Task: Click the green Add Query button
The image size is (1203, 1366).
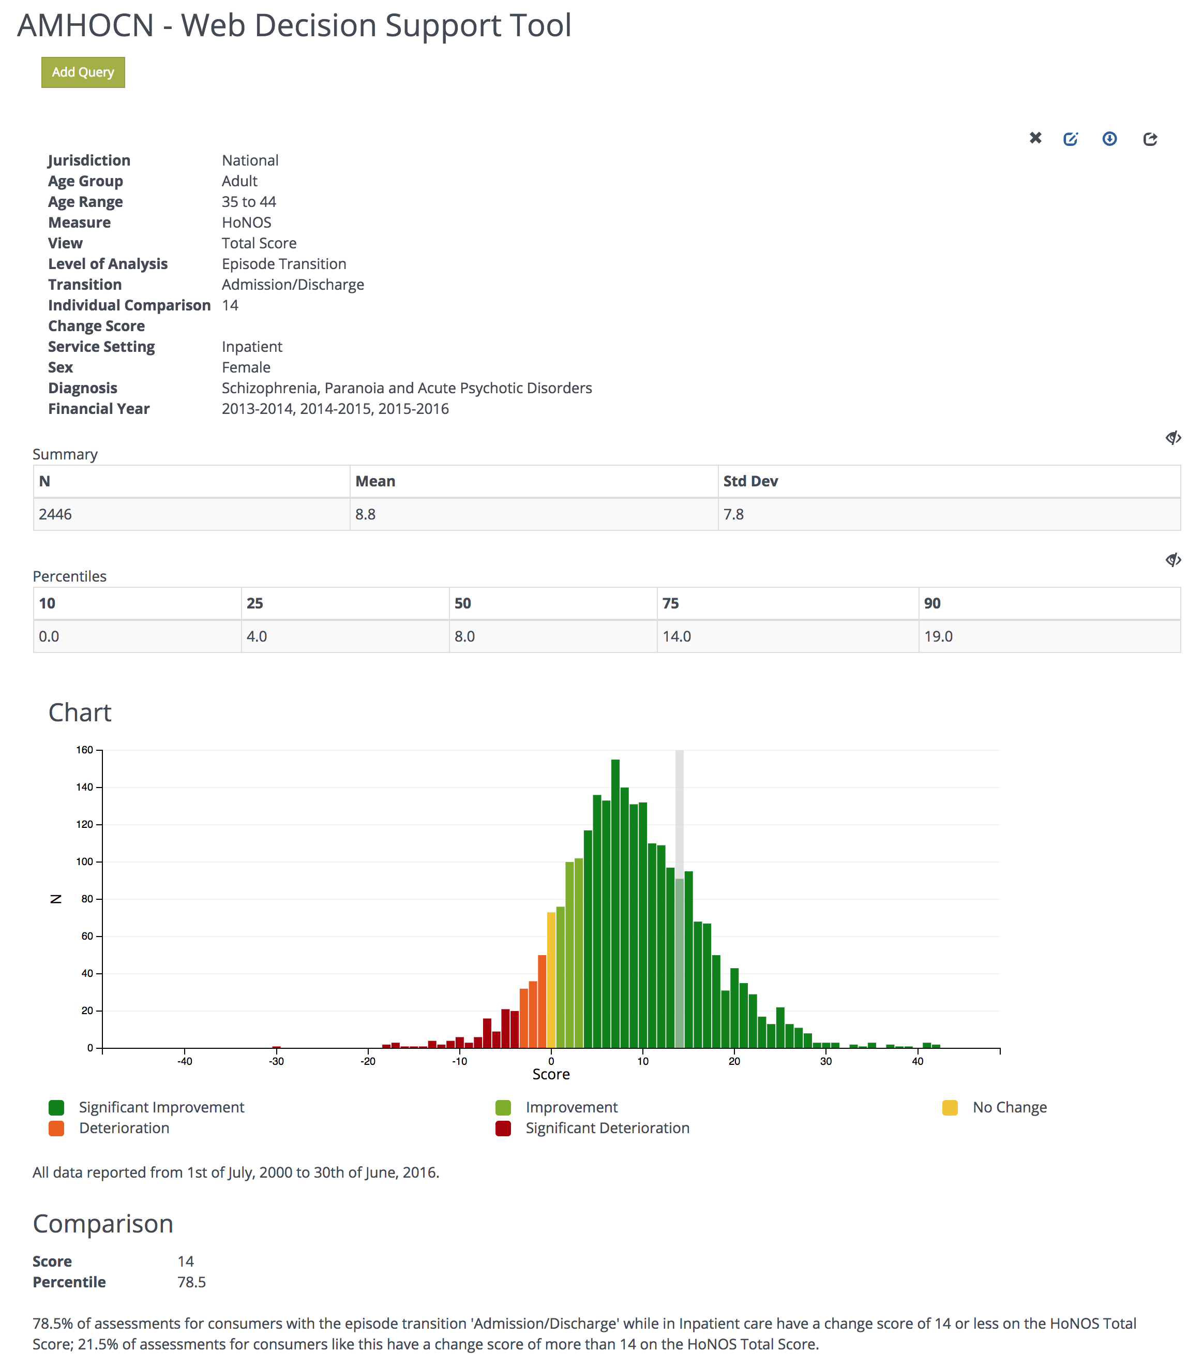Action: coord(83,72)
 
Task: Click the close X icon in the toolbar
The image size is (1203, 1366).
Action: coord(1035,138)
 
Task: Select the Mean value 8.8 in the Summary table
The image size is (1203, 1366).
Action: coord(365,514)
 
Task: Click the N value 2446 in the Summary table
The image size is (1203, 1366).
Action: coord(55,514)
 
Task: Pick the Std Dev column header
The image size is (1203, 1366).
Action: coord(750,481)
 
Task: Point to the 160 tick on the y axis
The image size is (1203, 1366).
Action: coord(85,750)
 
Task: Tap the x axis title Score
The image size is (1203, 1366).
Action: coord(550,1074)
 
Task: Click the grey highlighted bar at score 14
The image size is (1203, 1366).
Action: coord(679,962)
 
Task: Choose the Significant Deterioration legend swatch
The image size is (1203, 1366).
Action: coord(503,1128)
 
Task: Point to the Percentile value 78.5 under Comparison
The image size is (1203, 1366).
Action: coord(192,1282)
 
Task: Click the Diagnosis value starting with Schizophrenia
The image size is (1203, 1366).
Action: coord(406,388)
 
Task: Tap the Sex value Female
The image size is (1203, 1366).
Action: coord(246,367)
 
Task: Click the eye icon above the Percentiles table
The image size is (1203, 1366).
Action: coord(1173,559)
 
